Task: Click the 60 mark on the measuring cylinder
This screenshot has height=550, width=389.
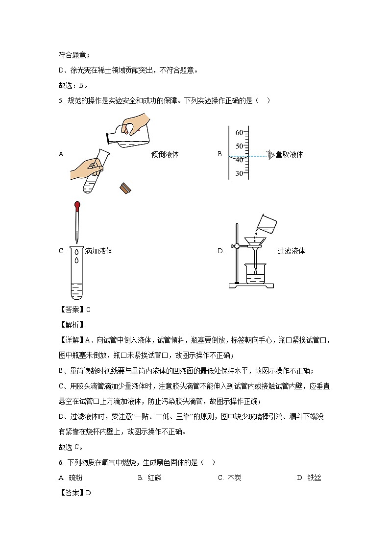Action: (239, 132)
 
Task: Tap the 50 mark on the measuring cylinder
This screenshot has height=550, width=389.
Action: (239, 146)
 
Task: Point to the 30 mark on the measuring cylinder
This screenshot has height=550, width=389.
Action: (239, 173)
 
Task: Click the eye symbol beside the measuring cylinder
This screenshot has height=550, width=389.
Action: (270, 155)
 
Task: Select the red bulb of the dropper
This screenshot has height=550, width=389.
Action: (77, 205)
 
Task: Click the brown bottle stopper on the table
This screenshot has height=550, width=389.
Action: (125, 188)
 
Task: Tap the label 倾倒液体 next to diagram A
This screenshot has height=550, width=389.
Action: (165, 154)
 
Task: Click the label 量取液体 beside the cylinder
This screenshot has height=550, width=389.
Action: (289, 154)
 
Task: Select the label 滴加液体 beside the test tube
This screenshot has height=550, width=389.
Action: (98, 251)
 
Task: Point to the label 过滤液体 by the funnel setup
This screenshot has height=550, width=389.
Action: (291, 251)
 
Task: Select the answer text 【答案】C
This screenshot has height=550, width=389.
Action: (74, 310)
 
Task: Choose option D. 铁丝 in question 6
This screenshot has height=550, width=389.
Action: (309, 478)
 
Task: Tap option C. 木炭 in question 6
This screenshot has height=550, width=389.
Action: (230, 478)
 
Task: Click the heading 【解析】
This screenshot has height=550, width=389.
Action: (72, 325)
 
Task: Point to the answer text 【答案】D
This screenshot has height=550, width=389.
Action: (75, 493)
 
